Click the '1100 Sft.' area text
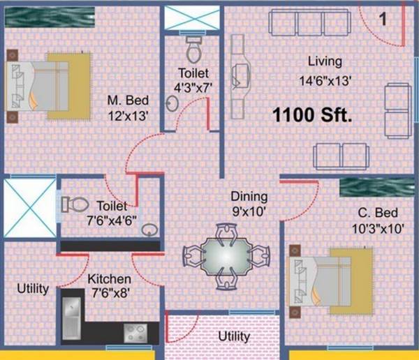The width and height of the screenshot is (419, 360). (313, 114)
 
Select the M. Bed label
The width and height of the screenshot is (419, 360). (128, 100)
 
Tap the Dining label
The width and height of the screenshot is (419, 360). (249, 197)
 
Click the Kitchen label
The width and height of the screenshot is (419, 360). (109, 278)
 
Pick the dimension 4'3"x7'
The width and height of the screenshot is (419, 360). (193, 87)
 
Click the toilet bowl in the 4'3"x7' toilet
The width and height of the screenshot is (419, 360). (193, 48)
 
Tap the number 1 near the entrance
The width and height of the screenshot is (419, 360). (383, 19)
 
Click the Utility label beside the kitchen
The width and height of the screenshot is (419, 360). (34, 288)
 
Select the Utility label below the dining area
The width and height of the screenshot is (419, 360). (233, 336)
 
